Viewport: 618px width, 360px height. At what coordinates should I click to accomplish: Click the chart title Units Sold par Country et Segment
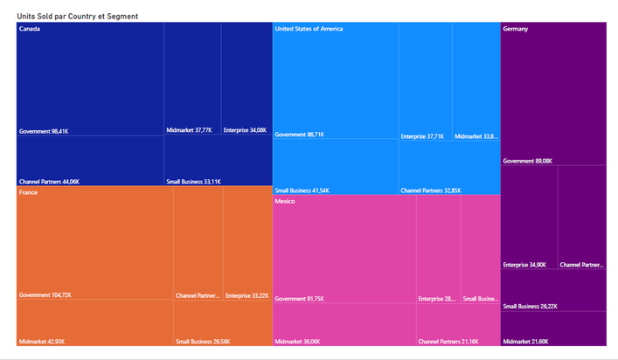click(77, 17)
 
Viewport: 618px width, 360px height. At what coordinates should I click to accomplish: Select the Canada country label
click(30, 29)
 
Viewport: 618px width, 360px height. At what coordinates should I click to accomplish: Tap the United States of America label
click(309, 29)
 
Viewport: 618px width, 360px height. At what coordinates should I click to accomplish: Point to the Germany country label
click(516, 29)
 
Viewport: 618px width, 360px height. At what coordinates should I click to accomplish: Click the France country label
click(28, 192)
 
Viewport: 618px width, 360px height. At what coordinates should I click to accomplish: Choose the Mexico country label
click(285, 201)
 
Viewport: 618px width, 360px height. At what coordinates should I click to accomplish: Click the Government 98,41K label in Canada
click(44, 131)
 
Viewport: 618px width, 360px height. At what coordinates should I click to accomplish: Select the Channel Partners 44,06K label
click(49, 181)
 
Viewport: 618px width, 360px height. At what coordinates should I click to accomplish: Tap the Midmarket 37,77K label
click(189, 130)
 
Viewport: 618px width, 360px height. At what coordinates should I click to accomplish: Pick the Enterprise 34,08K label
click(245, 130)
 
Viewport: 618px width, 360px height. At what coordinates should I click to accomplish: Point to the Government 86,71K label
click(300, 135)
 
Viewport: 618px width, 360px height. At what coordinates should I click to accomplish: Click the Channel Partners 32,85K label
click(430, 190)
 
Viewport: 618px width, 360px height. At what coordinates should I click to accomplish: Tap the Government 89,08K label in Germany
click(528, 161)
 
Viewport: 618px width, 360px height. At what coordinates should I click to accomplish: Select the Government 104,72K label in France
click(45, 295)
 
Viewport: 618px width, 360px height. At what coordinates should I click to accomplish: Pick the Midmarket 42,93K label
click(41, 340)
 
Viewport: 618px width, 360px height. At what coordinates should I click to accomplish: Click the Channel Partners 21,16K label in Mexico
click(448, 340)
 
